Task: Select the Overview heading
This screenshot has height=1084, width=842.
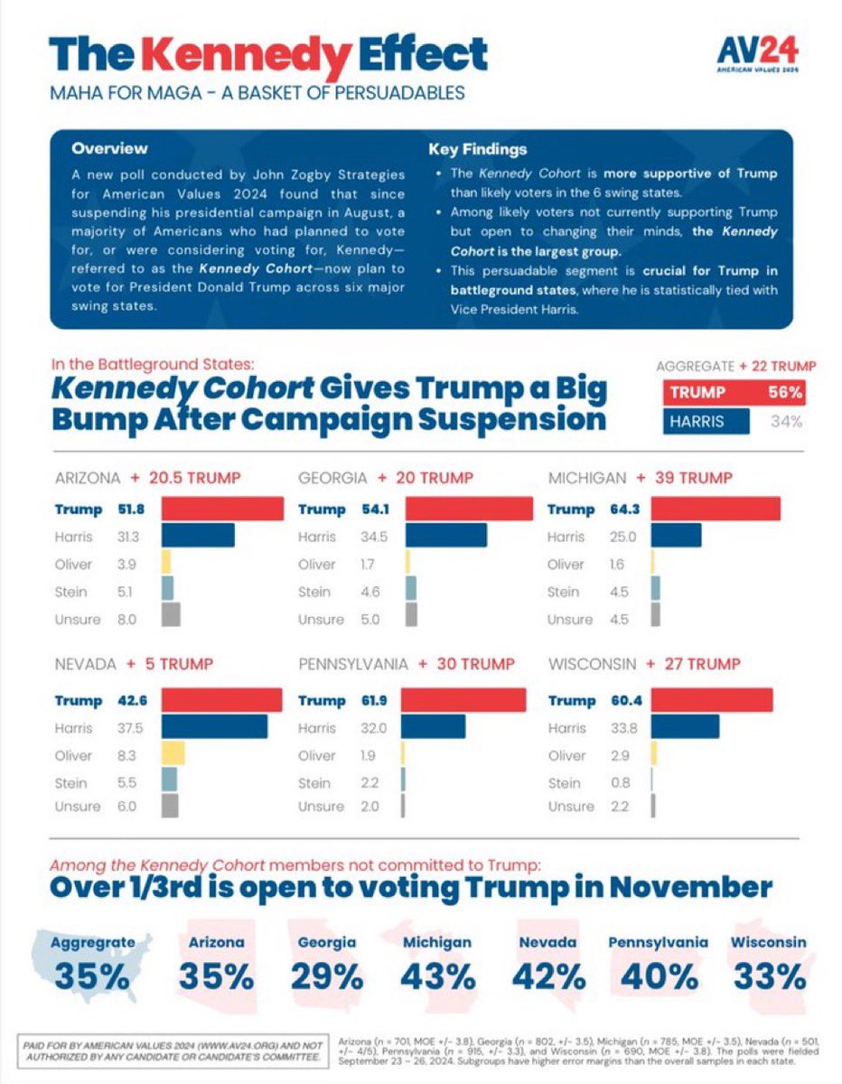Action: pyautogui.click(x=109, y=148)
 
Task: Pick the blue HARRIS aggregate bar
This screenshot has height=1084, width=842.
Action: pyautogui.click(x=706, y=421)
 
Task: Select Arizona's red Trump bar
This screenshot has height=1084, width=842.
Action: pyautogui.click(x=222, y=509)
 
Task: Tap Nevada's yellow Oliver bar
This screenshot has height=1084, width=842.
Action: pyautogui.click(x=173, y=755)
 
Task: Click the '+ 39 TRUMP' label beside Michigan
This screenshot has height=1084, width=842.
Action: pyautogui.click(x=684, y=477)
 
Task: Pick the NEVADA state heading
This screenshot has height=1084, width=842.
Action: pyautogui.click(x=85, y=664)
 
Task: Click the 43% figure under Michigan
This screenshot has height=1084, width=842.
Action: pyautogui.click(x=437, y=977)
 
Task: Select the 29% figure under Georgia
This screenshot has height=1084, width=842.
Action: pyautogui.click(x=327, y=977)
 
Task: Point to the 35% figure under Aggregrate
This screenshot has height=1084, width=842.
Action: pyautogui.click(x=91, y=977)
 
